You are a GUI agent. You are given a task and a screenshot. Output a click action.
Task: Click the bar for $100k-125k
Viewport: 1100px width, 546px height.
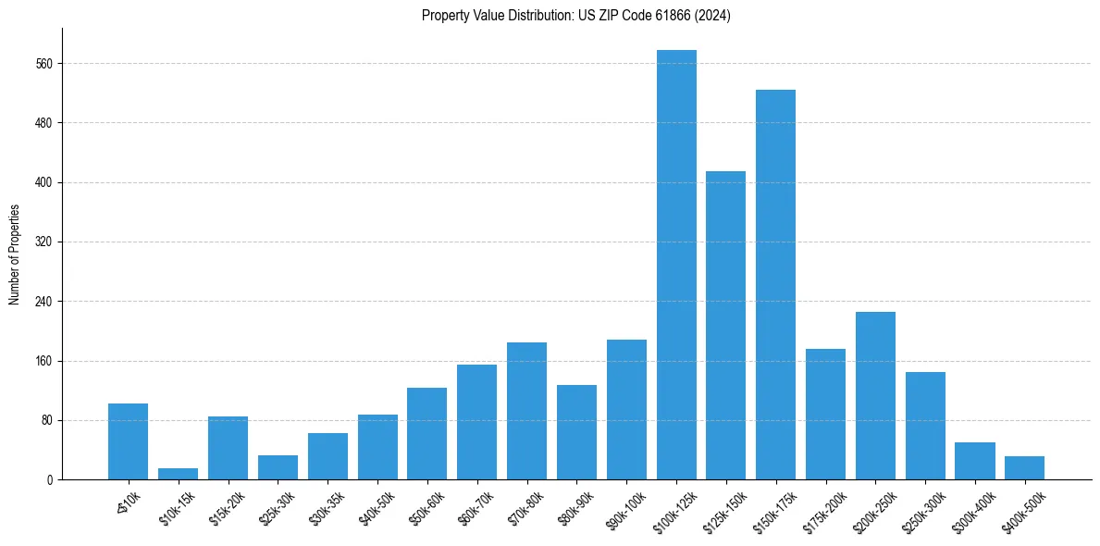click(676, 265)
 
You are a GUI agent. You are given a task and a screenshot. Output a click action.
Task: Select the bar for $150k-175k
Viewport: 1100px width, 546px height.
click(775, 284)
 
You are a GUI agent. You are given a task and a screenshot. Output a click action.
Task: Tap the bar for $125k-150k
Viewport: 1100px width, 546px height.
click(725, 325)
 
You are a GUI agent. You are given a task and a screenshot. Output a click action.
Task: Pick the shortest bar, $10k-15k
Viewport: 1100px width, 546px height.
click(178, 474)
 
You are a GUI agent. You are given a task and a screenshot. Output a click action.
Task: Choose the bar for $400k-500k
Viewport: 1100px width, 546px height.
click(1024, 467)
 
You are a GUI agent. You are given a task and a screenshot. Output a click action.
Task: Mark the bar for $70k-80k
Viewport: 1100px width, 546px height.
click(526, 411)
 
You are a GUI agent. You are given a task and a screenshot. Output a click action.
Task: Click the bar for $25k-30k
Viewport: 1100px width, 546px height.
click(278, 467)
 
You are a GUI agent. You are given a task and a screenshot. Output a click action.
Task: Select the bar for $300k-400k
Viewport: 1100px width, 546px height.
click(974, 461)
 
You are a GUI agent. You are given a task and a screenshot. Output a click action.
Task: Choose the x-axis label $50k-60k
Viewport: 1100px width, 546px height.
click(424, 509)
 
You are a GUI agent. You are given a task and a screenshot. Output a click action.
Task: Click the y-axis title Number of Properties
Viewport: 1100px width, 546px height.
click(14, 254)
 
